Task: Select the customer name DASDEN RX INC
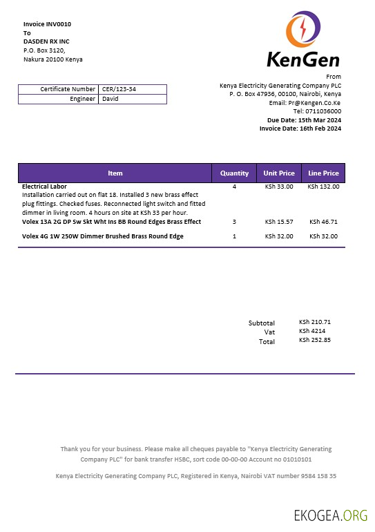pos(46,41)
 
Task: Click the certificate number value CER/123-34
pos(119,89)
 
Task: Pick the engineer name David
pos(110,99)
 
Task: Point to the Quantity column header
pos(234,173)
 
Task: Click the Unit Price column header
pos(279,173)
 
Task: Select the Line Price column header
pos(323,173)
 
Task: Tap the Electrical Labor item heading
pos(44,187)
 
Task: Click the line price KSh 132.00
pos(323,187)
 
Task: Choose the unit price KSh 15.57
pos(279,222)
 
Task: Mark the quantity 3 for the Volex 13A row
pos(234,222)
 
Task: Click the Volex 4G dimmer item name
pos(103,236)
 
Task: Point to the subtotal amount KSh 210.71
pos(315,322)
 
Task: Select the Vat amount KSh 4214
pos(311,331)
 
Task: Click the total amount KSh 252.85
pos(315,340)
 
